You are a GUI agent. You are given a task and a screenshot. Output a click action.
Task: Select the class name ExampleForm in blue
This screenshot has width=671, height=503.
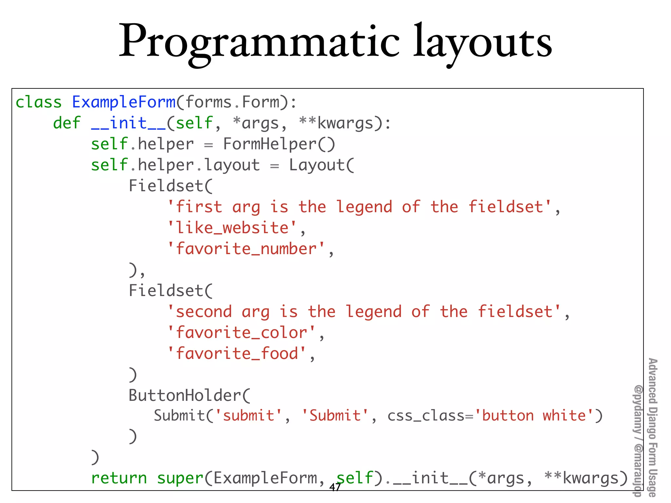pyautogui.click(x=124, y=102)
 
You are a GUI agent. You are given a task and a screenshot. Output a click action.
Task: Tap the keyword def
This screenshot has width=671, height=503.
pyautogui.click(x=67, y=123)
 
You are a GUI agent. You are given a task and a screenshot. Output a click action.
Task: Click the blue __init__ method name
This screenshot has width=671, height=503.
pyautogui.click(x=128, y=123)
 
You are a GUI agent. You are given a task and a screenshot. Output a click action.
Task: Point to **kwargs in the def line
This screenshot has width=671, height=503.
pyautogui.click(x=336, y=123)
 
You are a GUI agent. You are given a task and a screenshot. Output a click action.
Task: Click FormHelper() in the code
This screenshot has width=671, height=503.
pyautogui.click(x=279, y=144)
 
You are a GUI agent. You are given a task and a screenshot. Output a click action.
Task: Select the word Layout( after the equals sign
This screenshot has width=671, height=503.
pyautogui.click(x=321, y=165)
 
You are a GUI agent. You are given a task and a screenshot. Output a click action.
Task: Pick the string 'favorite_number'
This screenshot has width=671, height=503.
pyautogui.click(x=246, y=249)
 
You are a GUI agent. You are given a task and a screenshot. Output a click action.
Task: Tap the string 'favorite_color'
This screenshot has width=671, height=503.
pyautogui.click(x=241, y=333)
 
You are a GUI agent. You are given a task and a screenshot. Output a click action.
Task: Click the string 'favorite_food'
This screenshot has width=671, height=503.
pyautogui.click(x=237, y=354)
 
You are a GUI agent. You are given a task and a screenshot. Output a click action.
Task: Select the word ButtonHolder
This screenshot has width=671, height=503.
pyautogui.click(x=185, y=396)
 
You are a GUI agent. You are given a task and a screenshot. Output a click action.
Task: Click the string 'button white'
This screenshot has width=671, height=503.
pyautogui.click(x=534, y=416)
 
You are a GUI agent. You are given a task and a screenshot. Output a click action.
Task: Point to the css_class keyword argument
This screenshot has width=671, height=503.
pyautogui.click(x=426, y=416)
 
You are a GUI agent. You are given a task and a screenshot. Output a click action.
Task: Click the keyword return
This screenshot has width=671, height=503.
pyautogui.click(x=119, y=478)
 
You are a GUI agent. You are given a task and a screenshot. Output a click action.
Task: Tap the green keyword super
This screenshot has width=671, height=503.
pyautogui.click(x=180, y=478)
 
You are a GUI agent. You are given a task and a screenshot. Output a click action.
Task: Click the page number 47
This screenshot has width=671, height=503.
pyautogui.click(x=335, y=488)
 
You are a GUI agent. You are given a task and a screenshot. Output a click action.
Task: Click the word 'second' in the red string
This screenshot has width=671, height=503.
pyautogui.click(x=203, y=312)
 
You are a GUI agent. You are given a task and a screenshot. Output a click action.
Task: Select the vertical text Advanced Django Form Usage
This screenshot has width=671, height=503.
pyautogui.click(x=653, y=426)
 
